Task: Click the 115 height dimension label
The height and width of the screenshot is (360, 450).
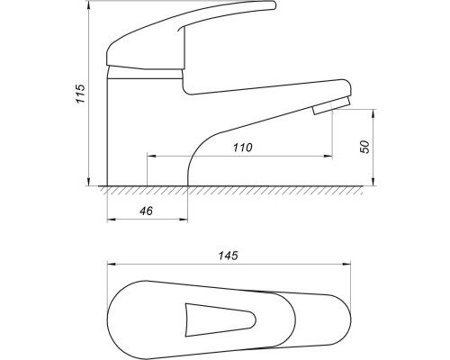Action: [x=80, y=94]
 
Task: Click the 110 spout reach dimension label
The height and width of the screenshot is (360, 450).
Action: [x=243, y=148]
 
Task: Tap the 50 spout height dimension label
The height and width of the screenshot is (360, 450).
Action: [x=365, y=147]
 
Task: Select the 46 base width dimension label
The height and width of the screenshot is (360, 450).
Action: [x=146, y=211]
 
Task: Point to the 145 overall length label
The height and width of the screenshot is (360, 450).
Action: [x=228, y=256]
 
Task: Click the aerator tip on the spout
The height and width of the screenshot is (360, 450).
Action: [x=331, y=105]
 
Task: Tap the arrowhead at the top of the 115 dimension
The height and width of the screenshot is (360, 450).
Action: [x=89, y=4]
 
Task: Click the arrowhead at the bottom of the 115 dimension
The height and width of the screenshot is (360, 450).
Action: [x=89, y=182]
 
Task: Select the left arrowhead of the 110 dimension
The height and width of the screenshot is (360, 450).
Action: [x=151, y=156]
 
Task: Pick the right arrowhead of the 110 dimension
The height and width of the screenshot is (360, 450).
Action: [x=328, y=156]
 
